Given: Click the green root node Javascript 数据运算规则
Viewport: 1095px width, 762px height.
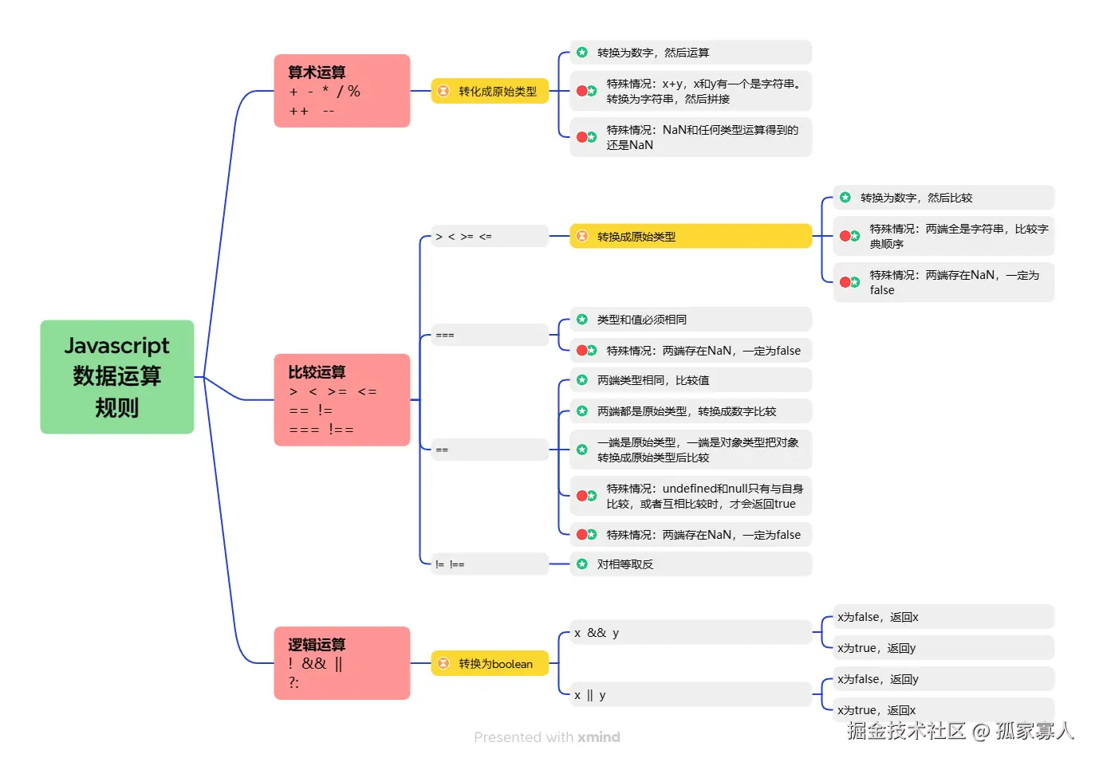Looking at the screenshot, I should (x=117, y=377).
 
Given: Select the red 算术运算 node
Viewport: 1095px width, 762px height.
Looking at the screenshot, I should (x=341, y=91).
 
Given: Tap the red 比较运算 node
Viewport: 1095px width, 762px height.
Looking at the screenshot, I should (x=341, y=400).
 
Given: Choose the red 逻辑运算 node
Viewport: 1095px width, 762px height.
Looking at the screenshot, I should (x=341, y=663).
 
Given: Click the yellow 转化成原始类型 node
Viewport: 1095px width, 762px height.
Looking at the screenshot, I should (x=490, y=92).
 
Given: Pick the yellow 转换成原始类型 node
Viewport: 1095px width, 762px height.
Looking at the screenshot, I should (x=690, y=237).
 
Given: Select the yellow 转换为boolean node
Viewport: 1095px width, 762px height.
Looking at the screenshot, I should (x=490, y=664).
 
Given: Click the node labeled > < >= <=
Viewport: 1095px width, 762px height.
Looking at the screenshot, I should (x=489, y=237).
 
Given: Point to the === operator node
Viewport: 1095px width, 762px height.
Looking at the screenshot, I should (x=489, y=336).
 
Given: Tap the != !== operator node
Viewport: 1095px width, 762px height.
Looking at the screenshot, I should (x=489, y=564).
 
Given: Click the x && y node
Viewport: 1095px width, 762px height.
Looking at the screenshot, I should (x=690, y=633).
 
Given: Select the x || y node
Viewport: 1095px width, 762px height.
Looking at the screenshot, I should (x=690, y=695).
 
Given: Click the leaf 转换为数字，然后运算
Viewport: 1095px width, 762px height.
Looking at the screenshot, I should (x=691, y=53).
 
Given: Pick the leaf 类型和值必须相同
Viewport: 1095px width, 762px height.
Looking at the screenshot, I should (x=691, y=320).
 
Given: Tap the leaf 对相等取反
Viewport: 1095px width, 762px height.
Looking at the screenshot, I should (x=691, y=564).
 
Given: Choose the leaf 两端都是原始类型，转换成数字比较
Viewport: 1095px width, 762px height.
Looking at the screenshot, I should (x=691, y=411).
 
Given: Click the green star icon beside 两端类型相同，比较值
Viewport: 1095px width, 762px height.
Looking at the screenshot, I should (x=582, y=380).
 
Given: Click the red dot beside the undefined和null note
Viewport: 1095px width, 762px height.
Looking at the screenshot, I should (x=582, y=496).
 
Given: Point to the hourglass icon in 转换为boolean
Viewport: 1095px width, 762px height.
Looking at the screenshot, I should (x=443, y=664).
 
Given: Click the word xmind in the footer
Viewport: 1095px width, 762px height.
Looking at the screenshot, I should (x=599, y=737).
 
